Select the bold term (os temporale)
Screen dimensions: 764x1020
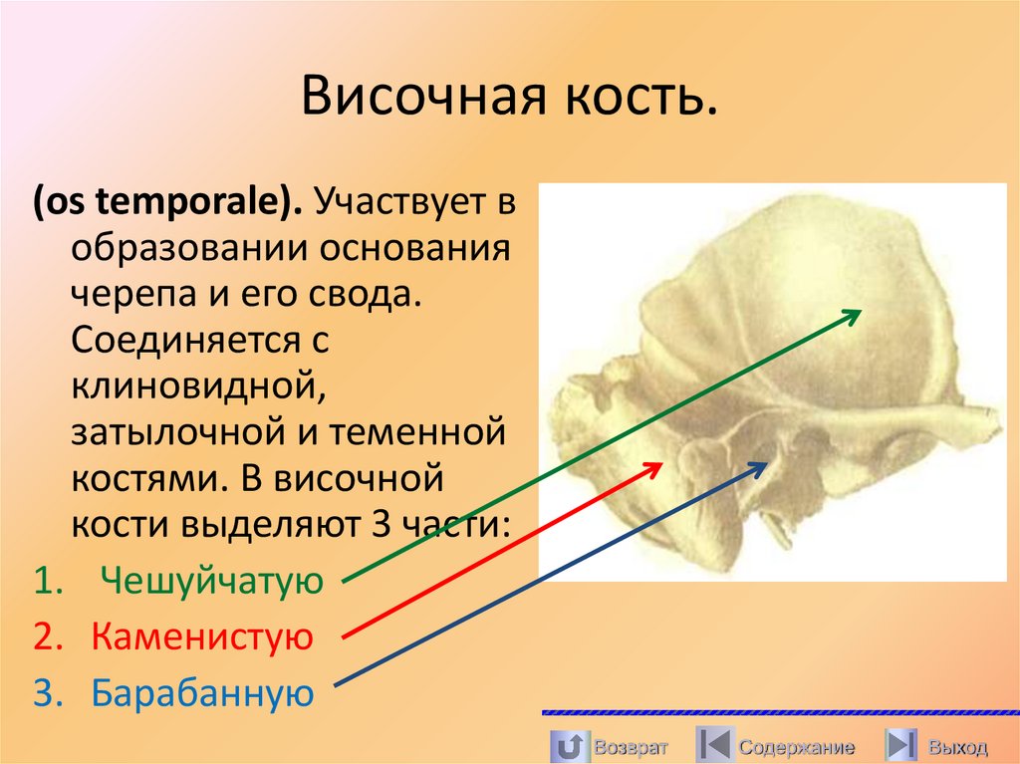[x=169, y=204]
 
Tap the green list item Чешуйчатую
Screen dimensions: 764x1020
[x=213, y=580]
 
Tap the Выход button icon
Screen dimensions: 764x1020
[x=901, y=745]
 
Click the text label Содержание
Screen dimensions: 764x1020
[x=796, y=747]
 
